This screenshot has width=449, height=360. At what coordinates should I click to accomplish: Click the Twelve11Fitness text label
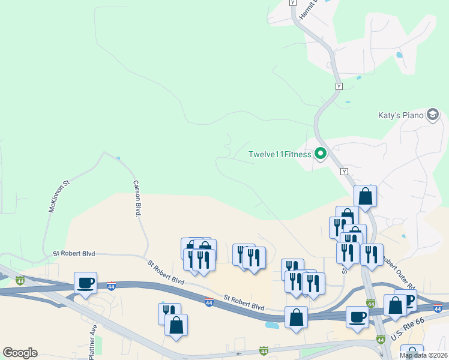coord(280,154)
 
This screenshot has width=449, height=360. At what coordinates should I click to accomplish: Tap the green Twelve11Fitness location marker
coord(321,154)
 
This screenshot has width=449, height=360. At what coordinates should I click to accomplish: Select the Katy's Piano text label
coord(400,115)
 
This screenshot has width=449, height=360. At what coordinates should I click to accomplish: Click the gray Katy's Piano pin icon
coord(433,115)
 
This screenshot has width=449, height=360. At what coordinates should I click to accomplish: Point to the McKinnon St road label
coord(59,195)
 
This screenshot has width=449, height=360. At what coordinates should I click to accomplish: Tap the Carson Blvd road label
coord(137,199)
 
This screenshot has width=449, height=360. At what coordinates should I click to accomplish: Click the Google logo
coord(20,353)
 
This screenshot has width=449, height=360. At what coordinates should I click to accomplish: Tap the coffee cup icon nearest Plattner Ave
coord(86,282)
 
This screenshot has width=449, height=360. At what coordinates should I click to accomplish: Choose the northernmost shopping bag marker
coord(365,195)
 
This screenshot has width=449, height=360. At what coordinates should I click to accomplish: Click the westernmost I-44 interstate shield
coord(20,280)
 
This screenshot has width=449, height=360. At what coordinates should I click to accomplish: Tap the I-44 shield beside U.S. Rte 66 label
coord(381,340)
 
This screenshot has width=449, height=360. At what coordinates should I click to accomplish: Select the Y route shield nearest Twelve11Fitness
coord(344,172)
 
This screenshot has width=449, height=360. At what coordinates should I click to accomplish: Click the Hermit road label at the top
coord(303,8)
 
